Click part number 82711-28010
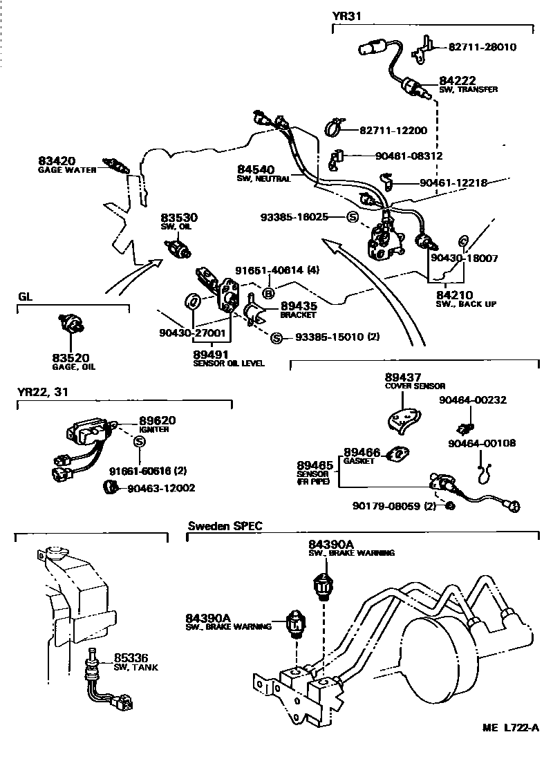pyautogui.click(x=482, y=47)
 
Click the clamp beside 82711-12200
pyautogui.click(x=336, y=129)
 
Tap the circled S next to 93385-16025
pyautogui.click(x=353, y=217)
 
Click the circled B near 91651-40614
pyautogui.click(x=270, y=291)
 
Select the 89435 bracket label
pyautogui.click(x=298, y=306)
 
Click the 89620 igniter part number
pyautogui.click(x=158, y=420)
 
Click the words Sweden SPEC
pyautogui.click(x=225, y=526)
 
